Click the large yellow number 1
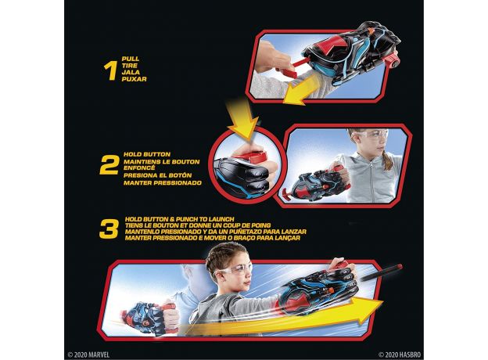110,70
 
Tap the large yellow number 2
109,165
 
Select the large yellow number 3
109,229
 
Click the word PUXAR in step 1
135,79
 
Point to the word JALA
131,72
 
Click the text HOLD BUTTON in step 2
147,154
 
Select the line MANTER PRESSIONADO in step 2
163,183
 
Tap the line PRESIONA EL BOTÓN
157,175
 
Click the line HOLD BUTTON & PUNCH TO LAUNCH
180,219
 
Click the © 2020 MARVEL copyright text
88,355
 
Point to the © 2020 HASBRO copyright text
400,355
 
